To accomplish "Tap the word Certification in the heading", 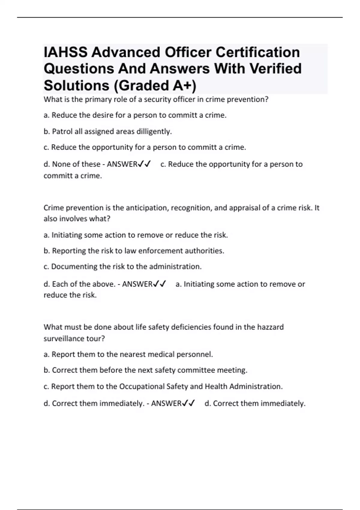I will pos(258,52).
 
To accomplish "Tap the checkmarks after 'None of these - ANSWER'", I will pos(144,164).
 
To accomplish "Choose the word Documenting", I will pos(74,266).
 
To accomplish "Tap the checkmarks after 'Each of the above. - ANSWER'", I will pos(159,284).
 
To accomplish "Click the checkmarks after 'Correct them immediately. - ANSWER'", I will pos(188,403).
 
